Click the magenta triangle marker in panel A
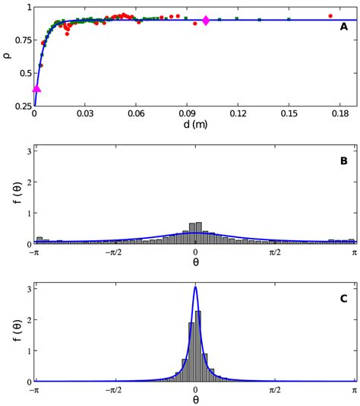coord(36,89)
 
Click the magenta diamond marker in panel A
coord(206,21)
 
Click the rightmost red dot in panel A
coord(330,15)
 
